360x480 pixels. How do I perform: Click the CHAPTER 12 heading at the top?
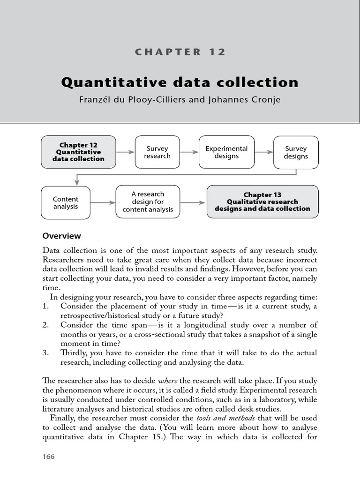[x=180, y=52]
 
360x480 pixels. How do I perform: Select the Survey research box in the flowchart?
[x=157, y=152]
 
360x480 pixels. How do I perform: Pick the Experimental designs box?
[x=226, y=152]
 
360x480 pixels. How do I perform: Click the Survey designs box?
[x=295, y=152]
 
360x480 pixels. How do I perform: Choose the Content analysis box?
[x=66, y=202]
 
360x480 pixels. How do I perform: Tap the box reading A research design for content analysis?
[x=148, y=202]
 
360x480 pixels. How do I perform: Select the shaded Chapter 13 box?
[x=262, y=202]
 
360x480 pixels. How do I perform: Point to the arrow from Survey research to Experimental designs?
[x=189, y=152]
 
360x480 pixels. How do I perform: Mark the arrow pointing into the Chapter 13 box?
[x=193, y=202]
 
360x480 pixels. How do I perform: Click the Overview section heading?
[x=61, y=236]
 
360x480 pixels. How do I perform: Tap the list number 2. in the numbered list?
[x=45, y=325]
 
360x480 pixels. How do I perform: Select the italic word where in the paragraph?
[x=167, y=380]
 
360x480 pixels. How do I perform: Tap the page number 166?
[x=48, y=457]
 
